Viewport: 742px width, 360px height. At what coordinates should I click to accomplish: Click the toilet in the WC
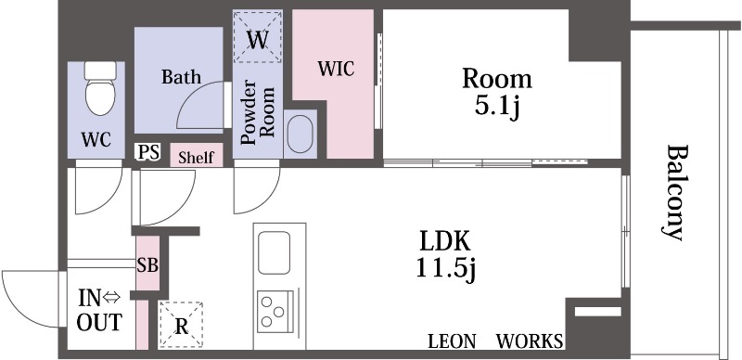point(100,88)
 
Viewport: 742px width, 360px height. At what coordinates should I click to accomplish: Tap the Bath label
point(181,77)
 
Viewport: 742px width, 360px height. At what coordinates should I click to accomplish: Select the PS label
point(148,152)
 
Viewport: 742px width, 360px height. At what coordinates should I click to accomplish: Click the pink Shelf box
point(197,155)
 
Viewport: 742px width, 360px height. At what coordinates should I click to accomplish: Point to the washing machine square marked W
point(258,37)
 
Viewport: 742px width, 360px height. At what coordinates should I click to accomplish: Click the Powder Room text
point(258,113)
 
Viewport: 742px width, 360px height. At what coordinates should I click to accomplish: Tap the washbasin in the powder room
point(300,134)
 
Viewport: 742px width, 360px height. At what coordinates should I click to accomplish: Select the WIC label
point(336,69)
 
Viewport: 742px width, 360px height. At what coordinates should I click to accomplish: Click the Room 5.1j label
point(497,93)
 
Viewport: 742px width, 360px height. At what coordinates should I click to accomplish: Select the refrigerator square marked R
point(181,326)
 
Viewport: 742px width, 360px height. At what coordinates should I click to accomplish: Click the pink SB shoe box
point(147,264)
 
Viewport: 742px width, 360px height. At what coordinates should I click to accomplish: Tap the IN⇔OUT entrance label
point(100,310)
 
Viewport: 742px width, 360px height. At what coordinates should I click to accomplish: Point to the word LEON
point(452,341)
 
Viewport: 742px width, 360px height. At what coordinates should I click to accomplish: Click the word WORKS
point(530,341)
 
